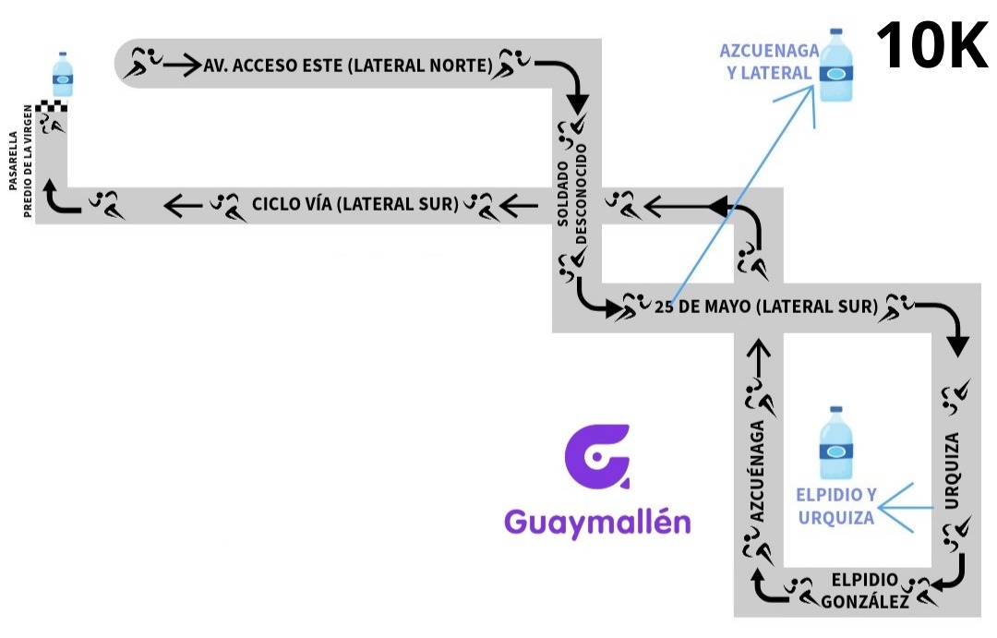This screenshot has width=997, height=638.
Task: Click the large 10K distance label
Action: click(931, 46)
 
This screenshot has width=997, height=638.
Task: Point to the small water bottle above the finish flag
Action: click(63, 75)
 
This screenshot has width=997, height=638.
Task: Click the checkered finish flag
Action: click(58, 105)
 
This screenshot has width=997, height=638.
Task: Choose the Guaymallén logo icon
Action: click(597, 456)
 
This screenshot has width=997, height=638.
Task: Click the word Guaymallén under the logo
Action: click(597, 522)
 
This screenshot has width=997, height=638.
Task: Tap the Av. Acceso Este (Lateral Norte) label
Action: click(348, 66)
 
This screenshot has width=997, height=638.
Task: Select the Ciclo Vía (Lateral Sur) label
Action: click(356, 204)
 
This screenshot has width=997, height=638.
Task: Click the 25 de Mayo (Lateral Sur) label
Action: click(765, 307)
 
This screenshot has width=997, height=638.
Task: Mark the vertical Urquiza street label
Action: click(952, 470)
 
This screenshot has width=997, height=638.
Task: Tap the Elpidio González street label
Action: click(865, 590)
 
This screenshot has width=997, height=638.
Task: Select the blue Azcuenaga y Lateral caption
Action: click(764, 61)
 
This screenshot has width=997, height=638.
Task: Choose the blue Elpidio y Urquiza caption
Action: click(836, 505)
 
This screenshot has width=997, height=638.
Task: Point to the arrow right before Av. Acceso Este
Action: click(184, 65)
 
